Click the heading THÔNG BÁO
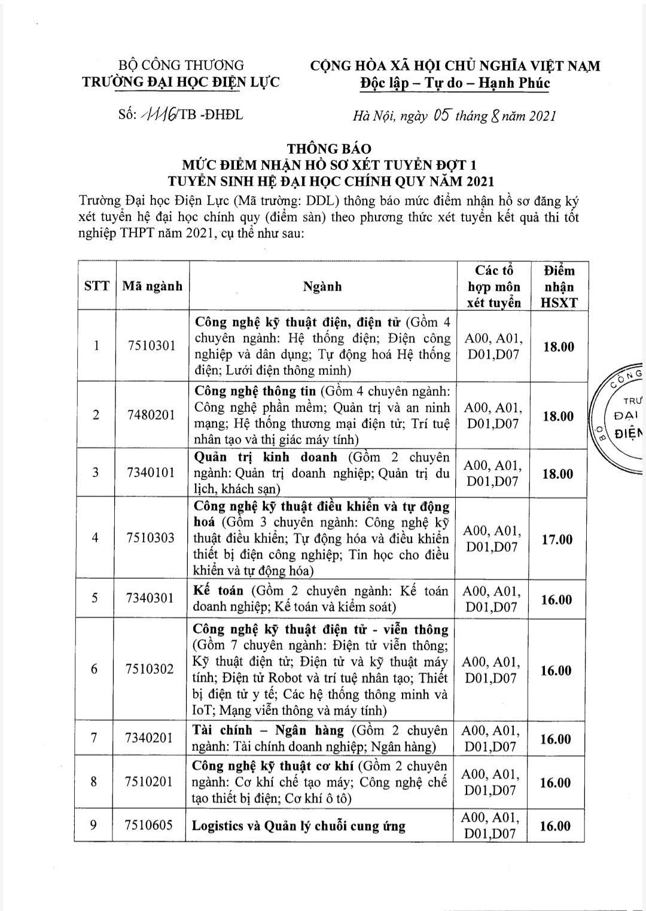(x=329, y=148)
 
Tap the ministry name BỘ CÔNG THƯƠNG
(x=181, y=65)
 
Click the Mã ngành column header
(x=152, y=286)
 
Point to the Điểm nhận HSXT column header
(x=559, y=286)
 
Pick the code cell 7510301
(x=152, y=346)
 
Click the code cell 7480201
(x=152, y=415)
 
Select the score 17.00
(x=557, y=539)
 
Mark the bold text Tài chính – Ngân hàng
(x=268, y=730)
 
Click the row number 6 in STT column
(x=94, y=669)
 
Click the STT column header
(x=96, y=286)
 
